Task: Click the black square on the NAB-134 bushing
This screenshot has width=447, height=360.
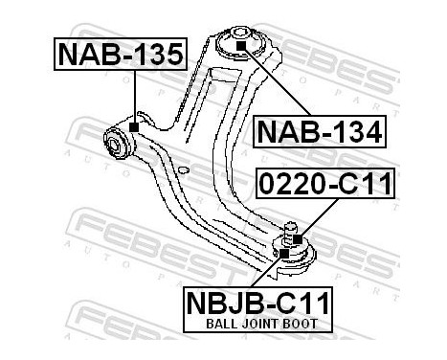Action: [240, 45]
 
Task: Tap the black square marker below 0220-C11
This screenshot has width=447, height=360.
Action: [297, 237]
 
